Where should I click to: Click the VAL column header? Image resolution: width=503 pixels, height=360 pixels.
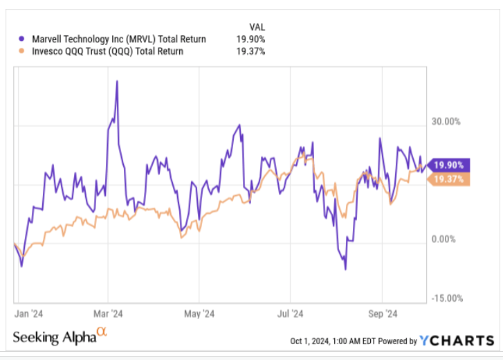[x=255, y=27]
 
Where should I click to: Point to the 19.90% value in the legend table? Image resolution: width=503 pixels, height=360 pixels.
[x=250, y=39]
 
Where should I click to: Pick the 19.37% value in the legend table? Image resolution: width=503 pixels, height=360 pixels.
[x=250, y=51]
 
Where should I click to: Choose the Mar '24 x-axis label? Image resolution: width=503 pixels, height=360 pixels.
[x=109, y=314]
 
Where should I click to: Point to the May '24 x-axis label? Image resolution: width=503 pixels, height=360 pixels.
[x=200, y=314]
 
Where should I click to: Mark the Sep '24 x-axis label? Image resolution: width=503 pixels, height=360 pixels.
[x=382, y=314]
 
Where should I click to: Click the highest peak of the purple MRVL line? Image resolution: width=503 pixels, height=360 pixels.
[x=117, y=81]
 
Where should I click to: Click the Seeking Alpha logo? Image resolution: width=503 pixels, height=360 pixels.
[x=60, y=337]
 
